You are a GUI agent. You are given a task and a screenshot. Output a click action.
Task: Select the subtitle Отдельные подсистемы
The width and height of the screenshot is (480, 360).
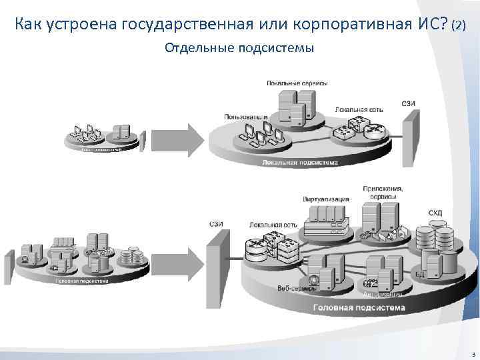[239, 49]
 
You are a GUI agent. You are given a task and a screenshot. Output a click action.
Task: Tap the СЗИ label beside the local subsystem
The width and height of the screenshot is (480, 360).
[409, 103]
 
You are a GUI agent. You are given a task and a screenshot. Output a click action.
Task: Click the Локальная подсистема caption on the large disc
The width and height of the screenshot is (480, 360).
[300, 161]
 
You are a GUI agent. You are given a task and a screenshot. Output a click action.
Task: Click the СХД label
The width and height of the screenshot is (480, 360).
[435, 213]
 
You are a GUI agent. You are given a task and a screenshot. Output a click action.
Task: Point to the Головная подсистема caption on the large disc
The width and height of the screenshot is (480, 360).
[359, 307]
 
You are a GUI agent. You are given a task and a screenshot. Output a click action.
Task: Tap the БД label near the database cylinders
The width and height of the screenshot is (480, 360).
[419, 274]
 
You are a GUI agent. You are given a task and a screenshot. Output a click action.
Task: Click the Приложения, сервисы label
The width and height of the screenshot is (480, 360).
[383, 193]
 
